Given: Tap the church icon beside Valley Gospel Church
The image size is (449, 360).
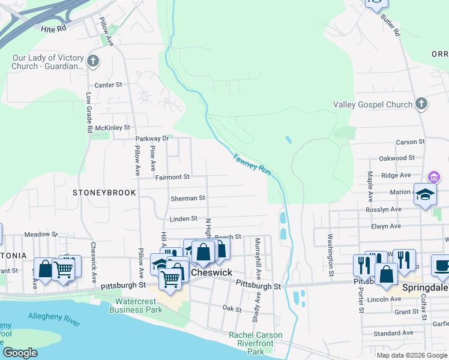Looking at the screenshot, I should (421, 104).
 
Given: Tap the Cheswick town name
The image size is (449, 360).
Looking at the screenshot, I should (211, 272).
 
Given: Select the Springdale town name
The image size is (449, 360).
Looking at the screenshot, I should (424, 287).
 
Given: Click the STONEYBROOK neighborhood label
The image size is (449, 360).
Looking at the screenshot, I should (104, 193).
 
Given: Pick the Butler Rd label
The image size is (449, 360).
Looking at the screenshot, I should (390, 25).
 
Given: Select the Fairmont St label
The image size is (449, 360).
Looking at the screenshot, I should (172, 177).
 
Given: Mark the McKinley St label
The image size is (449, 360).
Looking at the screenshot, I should (113, 128).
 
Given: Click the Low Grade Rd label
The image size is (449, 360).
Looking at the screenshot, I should (88, 112).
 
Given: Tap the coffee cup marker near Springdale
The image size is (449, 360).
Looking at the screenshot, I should (442, 266).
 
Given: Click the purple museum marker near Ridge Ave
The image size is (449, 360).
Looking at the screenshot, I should (433, 177).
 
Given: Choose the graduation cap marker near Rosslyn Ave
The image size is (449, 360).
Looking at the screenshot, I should (425, 195).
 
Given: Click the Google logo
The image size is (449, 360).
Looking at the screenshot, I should (20, 353).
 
